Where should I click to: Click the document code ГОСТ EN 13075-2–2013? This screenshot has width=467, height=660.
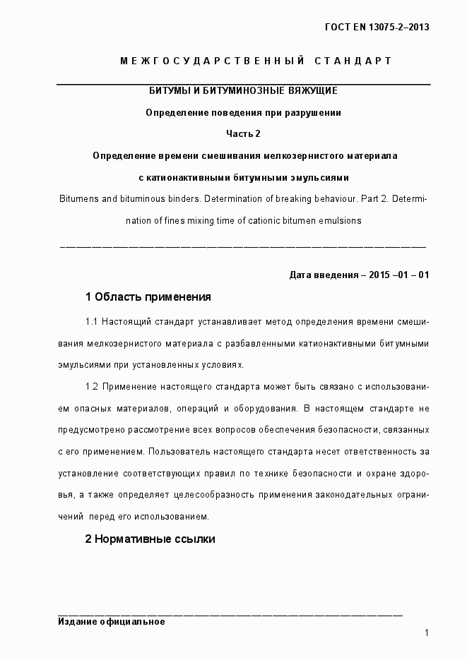[377, 28]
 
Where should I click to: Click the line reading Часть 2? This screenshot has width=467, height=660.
[243, 133]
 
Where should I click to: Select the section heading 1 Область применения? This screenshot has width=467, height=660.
[148, 296]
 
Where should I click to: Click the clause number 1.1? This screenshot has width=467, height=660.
[92, 322]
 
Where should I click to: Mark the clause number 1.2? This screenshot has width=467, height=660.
[92, 387]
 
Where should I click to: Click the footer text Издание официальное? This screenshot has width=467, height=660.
[111, 622]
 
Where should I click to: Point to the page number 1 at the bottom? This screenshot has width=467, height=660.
[427, 633]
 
